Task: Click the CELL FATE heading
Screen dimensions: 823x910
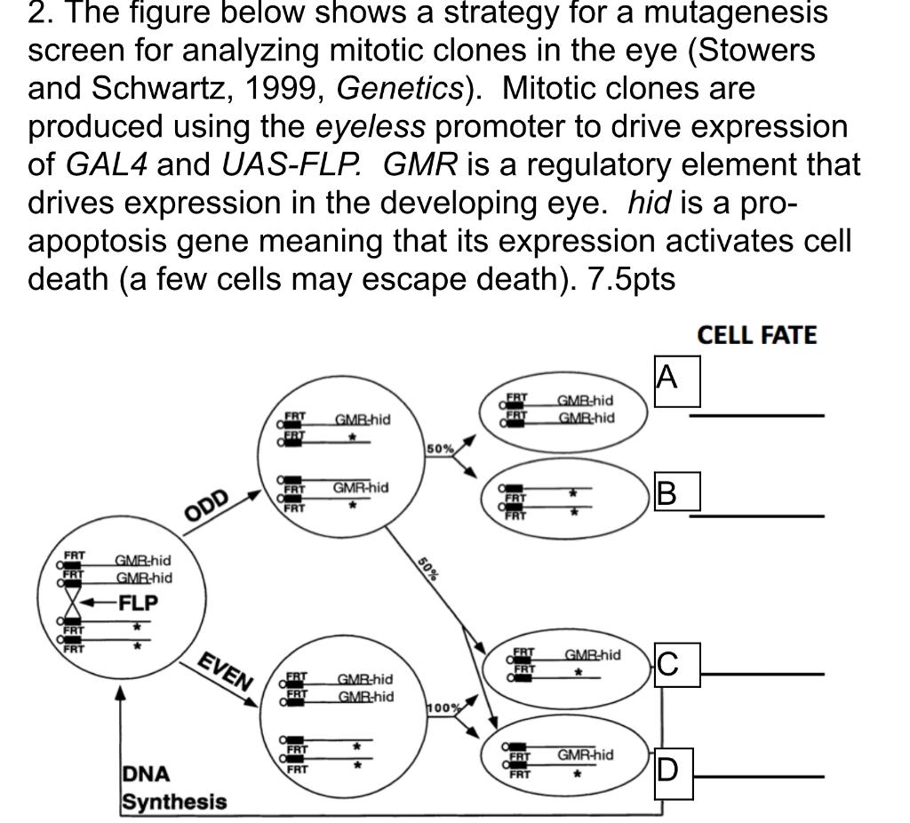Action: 756,335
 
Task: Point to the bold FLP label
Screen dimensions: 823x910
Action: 139,603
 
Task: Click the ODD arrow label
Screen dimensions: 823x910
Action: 207,506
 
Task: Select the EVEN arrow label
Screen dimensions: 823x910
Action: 225,672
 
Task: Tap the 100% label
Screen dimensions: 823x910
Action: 443,708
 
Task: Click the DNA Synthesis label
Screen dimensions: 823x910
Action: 174,787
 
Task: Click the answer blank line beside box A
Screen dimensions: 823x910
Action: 756,414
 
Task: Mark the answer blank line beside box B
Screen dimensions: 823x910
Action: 756,515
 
